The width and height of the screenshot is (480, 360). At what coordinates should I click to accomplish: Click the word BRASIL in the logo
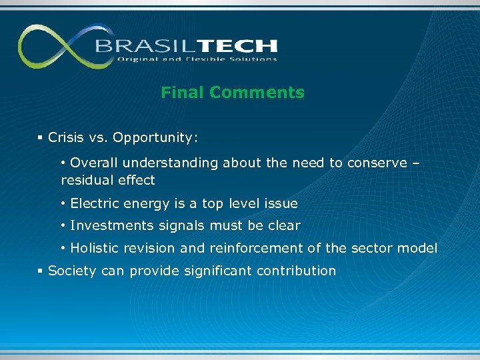pos(139,46)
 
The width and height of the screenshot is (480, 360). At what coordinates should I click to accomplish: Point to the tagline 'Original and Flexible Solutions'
pos(197,59)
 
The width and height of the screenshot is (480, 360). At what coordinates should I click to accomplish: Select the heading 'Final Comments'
pos(232,93)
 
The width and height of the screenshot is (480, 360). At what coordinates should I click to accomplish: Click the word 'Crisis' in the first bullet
pos(66,138)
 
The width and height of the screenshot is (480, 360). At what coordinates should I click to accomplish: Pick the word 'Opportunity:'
pos(155,138)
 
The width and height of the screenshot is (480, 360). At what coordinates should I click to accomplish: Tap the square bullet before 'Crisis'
pos(40,138)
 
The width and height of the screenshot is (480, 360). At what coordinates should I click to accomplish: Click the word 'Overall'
pos(93,163)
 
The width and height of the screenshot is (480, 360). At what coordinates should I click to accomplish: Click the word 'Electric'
pos(93,203)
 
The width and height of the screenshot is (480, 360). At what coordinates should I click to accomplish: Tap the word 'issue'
pos(281,203)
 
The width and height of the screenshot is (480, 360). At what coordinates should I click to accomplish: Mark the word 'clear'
pos(284,226)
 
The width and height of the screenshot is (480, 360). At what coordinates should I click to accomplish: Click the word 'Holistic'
pos(95,249)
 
